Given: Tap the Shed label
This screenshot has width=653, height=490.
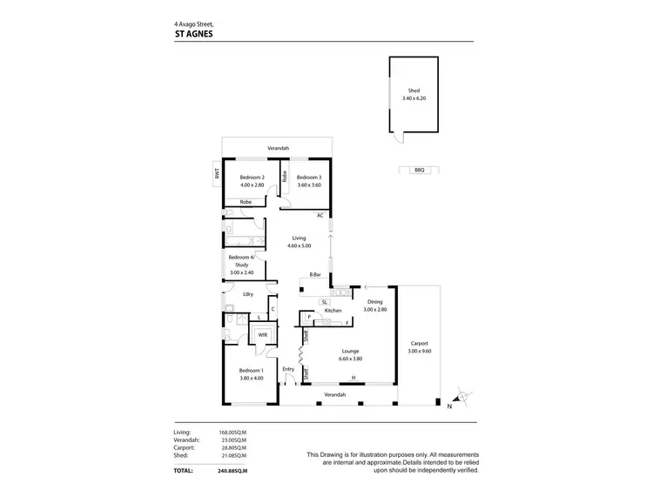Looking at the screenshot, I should (x=414, y=91).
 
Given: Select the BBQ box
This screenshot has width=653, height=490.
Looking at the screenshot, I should (x=417, y=171).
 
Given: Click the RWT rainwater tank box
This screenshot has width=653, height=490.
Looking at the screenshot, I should (x=218, y=174).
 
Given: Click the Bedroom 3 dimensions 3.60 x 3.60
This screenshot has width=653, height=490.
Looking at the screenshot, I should (x=309, y=185).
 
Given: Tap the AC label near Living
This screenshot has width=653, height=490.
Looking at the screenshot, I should (x=320, y=215).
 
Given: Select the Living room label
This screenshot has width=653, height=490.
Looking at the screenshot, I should (x=299, y=238).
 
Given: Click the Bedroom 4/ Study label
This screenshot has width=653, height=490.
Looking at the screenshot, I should (x=240, y=261).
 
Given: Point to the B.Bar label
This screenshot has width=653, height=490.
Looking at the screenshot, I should (x=315, y=275).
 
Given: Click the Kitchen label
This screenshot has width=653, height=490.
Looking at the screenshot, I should (x=332, y=310).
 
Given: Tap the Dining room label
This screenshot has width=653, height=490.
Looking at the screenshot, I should (x=374, y=301).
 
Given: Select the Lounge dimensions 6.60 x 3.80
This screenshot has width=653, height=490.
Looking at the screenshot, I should (x=351, y=359).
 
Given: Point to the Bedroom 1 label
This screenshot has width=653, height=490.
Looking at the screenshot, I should (x=251, y=371).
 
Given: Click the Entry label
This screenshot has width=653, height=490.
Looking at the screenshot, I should (x=288, y=369).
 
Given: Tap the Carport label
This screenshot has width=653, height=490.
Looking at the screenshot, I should (x=420, y=343).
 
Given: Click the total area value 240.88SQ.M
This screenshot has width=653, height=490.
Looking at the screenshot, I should (x=232, y=471).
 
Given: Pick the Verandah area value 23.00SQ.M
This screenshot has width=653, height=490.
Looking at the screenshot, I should (x=232, y=440).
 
